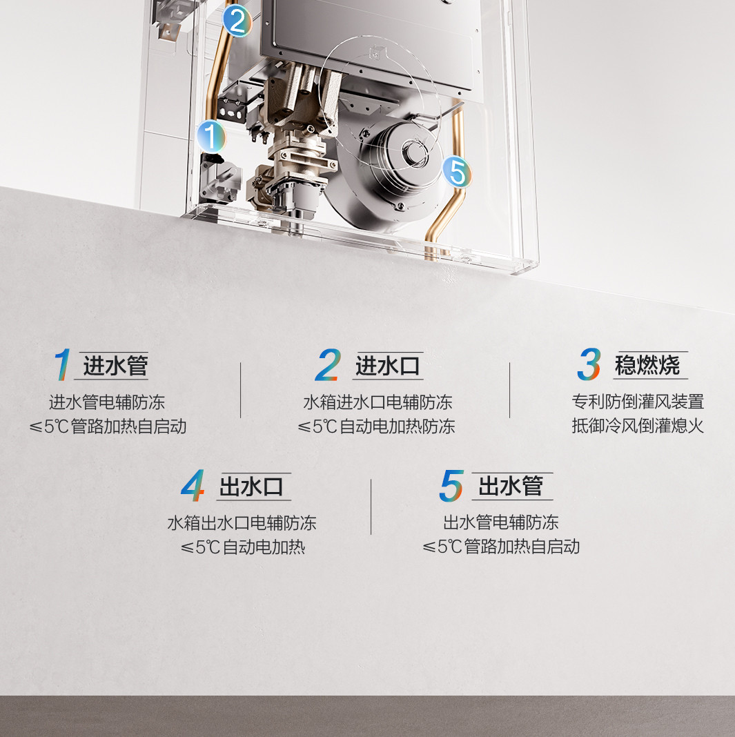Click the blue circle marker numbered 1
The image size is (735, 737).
[x=211, y=137]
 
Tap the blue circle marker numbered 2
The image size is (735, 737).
[x=237, y=20]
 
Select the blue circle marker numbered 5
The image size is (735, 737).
[x=456, y=171]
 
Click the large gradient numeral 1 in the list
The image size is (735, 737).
[x=63, y=364]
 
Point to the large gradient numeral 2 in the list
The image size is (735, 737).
[x=328, y=364]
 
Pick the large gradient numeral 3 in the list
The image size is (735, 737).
[x=589, y=364]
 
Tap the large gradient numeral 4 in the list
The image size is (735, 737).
[x=193, y=486]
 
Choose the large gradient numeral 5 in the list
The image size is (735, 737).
[x=451, y=486]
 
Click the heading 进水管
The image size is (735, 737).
[x=116, y=366]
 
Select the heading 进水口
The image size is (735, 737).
[x=388, y=366]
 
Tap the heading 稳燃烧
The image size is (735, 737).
[x=647, y=365]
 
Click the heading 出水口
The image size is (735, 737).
[x=251, y=487]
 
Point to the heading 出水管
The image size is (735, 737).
[x=511, y=486]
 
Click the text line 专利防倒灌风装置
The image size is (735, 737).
[x=638, y=402]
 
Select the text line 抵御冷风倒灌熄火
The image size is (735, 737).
[x=638, y=426]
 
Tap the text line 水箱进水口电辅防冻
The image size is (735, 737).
[x=378, y=402]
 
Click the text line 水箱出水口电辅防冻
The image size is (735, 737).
[x=242, y=523]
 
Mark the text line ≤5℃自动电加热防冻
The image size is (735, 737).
[x=376, y=426]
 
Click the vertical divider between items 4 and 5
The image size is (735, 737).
[x=371, y=507]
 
